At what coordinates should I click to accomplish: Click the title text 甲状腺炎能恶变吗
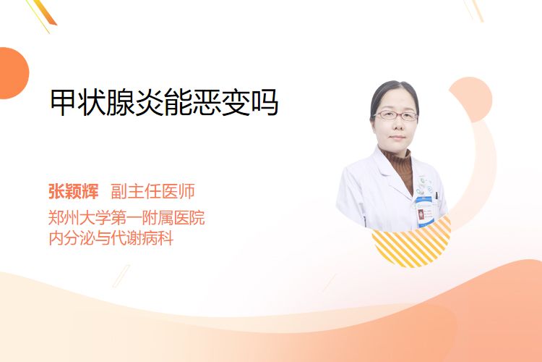pos(164,102)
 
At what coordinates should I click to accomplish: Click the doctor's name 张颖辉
pos(73,191)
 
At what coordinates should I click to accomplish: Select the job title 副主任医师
pos(152,191)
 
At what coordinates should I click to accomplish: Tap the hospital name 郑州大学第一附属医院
pos(126,218)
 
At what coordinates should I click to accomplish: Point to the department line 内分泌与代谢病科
pos(111,238)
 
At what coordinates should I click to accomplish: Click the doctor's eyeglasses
pos(396,115)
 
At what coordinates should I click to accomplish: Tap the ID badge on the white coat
pos(424,211)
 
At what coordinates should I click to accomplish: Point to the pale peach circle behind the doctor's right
pos(470,99)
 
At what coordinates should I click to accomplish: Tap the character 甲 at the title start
pos(64,103)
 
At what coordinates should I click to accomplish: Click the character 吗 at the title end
pos(264,103)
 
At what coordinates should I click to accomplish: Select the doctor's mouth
pos(397,138)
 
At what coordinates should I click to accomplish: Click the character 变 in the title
pos(236,103)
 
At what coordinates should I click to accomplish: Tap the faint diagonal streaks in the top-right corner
pos(473,9)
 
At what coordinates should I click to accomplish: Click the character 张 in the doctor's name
pos(56,191)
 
